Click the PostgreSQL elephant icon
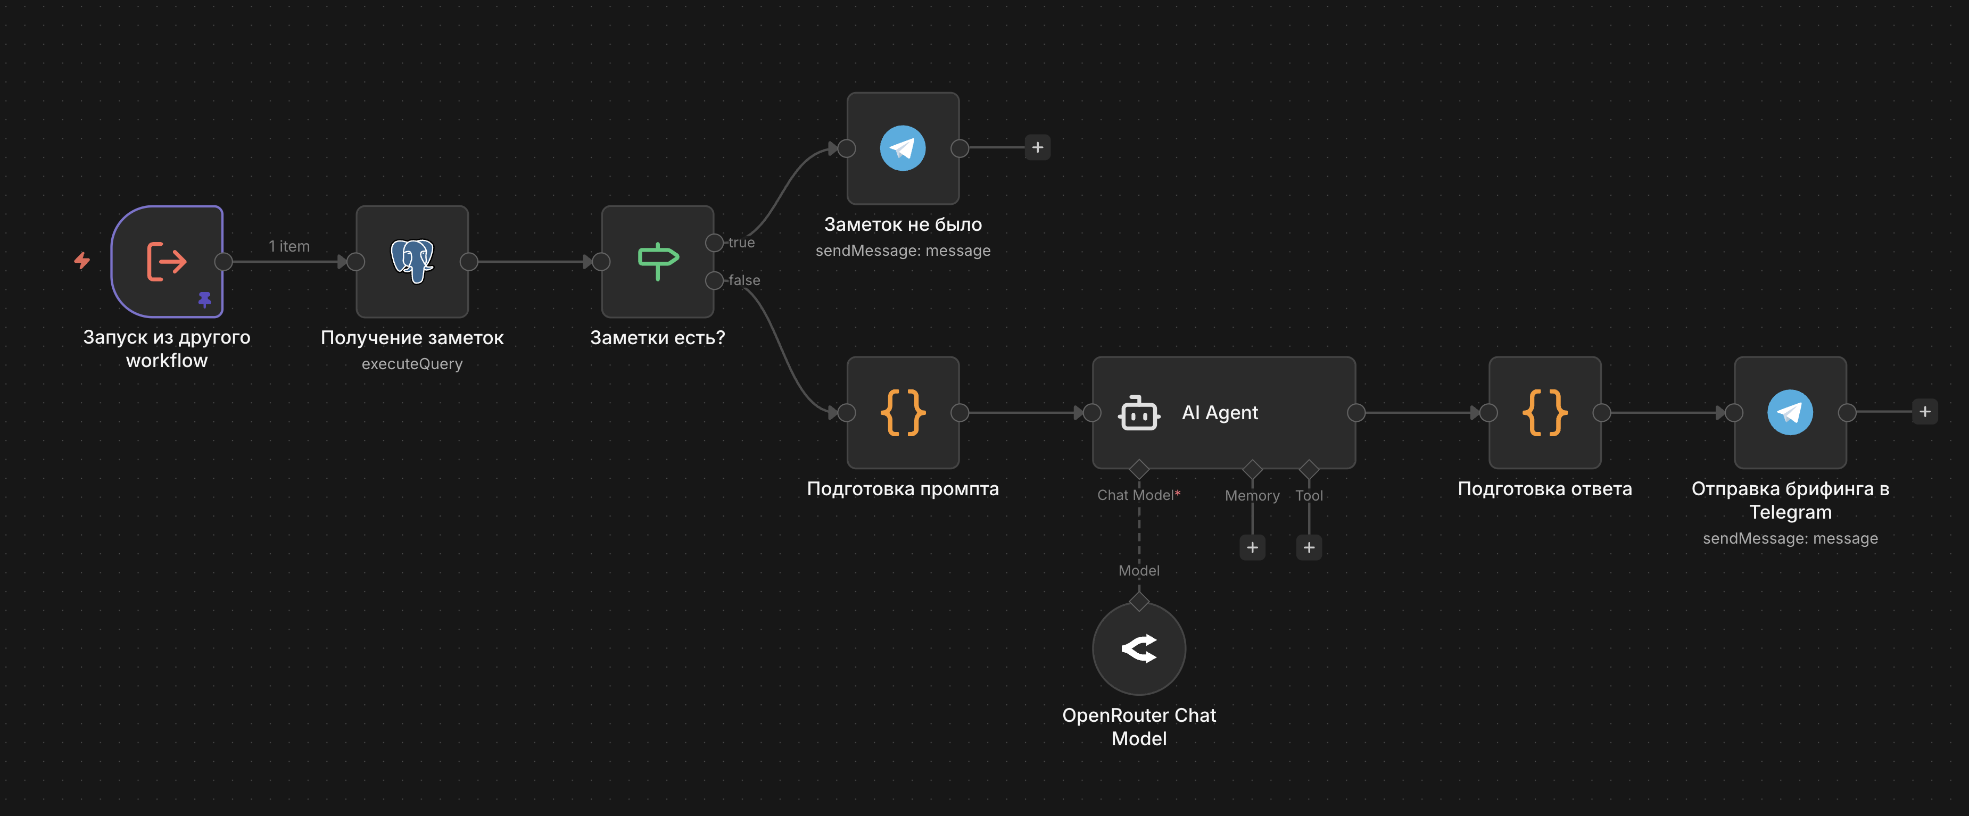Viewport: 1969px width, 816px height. coord(412,261)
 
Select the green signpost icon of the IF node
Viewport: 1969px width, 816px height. coord(657,261)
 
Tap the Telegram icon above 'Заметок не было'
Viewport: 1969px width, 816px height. coord(903,148)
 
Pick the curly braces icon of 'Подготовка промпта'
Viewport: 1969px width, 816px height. coord(903,413)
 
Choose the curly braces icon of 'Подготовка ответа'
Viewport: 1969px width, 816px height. coord(1545,413)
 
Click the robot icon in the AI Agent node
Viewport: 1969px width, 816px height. coord(1139,413)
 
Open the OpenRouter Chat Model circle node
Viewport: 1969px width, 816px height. coord(1139,648)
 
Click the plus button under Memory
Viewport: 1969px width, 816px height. coord(1252,548)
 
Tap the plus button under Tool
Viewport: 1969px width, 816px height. coord(1309,548)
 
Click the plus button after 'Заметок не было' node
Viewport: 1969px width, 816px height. coord(1037,147)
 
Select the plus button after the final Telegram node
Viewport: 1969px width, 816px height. coord(1925,412)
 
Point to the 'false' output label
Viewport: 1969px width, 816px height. coord(744,280)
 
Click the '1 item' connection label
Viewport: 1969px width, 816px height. coord(289,246)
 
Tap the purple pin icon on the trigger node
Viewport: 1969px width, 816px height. coord(205,299)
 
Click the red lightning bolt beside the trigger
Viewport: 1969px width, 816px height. coord(82,261)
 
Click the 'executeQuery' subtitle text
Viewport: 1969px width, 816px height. coord(412,364)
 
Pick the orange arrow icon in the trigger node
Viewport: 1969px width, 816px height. coord(167,261)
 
